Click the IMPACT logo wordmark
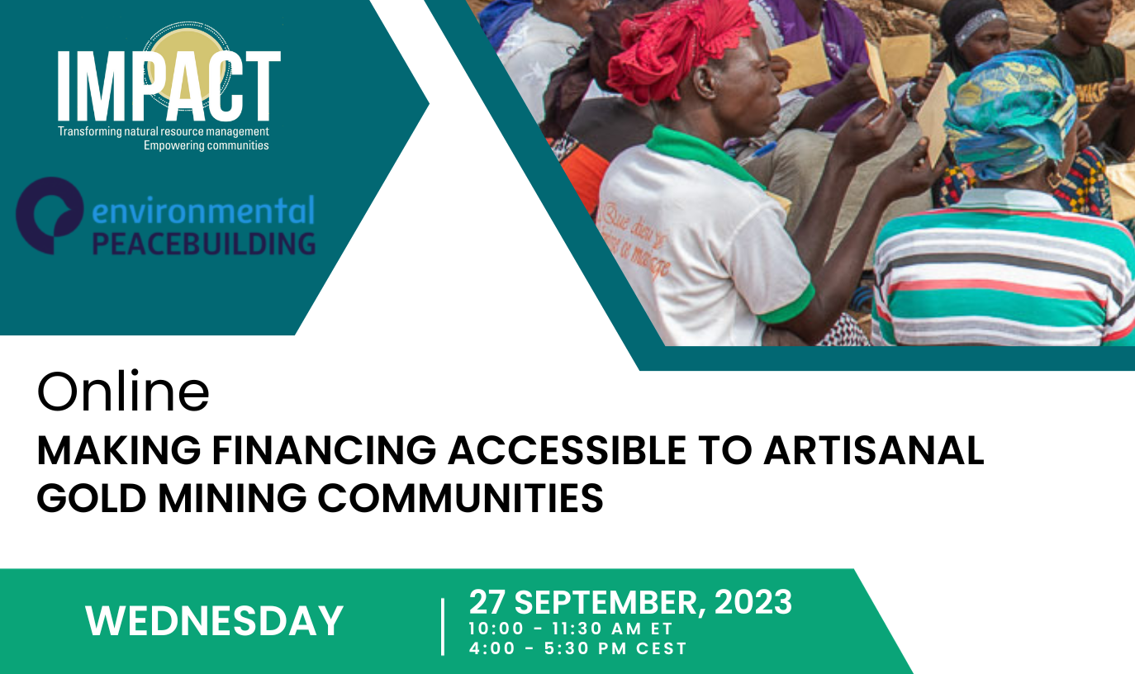tap(169, 86)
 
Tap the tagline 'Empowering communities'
tap(207, 146)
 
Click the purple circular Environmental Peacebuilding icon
tap(50, 215)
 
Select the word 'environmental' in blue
tap(203, 211)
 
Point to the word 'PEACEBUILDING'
tap(204, 244)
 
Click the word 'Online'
tap(123, 392)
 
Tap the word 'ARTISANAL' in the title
tap(873, 450)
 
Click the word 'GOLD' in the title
tap(92, 499)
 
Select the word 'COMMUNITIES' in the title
tap(461, 499)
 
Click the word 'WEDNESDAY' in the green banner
tap(214, 621)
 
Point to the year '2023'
tap(753, 602)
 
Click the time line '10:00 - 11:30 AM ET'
tap(571, 629)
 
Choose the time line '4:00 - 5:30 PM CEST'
tap(577, 648)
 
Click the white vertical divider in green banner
tap(443, 628)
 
